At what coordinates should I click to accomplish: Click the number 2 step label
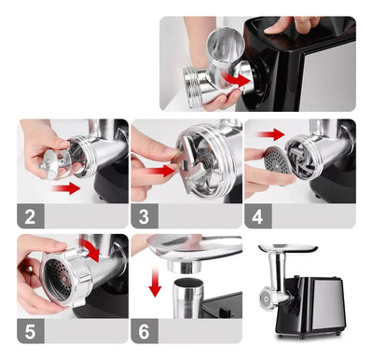(30, 216)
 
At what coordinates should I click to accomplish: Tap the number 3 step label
(143, 216)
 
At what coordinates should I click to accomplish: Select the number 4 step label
(256, 216)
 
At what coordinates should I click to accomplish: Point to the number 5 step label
(30, 329)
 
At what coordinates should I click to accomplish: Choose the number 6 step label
(143, 329)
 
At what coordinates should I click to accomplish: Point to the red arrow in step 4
(271, 135)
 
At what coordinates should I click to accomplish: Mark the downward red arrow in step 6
(154, 281)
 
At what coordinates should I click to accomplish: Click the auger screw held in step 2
(52, 164)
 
